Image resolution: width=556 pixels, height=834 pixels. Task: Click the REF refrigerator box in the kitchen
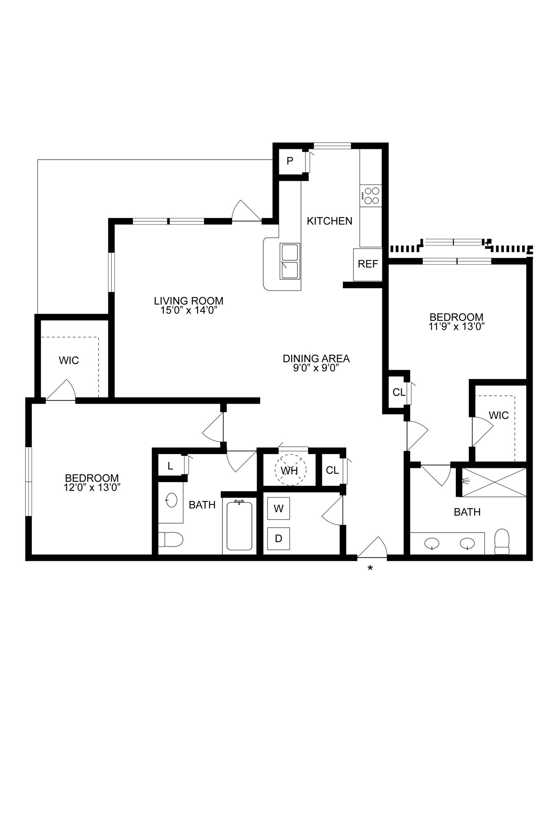pyautogui.click(x=368, y=264)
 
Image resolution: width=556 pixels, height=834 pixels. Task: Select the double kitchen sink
pyautogui.click(x=290, y=261)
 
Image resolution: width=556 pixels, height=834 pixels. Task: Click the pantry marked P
pyautogui.click(x=290, y=161)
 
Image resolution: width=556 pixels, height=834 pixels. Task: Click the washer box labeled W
pyautogui.click(x=279, y=509)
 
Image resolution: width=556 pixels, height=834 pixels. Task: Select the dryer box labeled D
pyautogui.click(x=279, y=538)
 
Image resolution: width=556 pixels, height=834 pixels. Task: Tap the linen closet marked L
pyautogui.click(x=170, y=466)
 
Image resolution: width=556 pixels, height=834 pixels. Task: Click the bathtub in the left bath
pyautogui.click(x=240, y=526)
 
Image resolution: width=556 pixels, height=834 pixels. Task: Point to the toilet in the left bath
pyautogui.click(x=170, y=540)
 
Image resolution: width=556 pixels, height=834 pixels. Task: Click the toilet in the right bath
pyautogui.click(x=502, y=542)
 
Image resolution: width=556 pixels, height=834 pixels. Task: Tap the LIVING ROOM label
pyautogui.click(x=189, y=301)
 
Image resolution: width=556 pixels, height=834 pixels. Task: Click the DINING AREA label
pyautogui.click(x=316, y=359)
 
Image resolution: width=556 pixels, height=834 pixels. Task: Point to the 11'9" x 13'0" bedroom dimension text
pyautogui.click(x=457, y=326)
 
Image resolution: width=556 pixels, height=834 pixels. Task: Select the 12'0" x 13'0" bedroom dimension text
pyautogui.click(x=92, y=487)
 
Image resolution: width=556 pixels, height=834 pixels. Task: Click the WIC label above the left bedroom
pyautogui.click(x=69, y=360)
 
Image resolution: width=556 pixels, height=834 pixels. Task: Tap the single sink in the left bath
pyautogui.click(x=171, y=500)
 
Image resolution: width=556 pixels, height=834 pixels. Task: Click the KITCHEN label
pyautogui.click(x=330, y=221)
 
